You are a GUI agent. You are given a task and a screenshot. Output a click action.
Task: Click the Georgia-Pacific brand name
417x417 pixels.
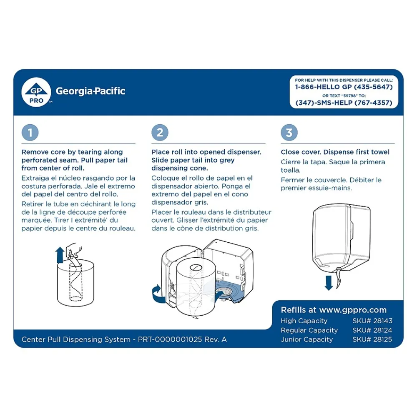[x=90, y=91]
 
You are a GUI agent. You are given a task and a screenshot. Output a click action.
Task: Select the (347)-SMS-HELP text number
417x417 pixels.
[x=344, y=103]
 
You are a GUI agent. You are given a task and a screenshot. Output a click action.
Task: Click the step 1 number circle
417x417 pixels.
[x=30, y=133]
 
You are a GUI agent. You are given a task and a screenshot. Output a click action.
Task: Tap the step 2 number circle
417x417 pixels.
[x=160, y=133]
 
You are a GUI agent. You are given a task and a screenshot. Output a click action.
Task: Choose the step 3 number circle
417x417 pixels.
[x=289, y=133]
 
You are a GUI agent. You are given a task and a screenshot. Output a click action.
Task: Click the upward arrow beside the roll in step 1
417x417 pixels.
[x=60, y=255]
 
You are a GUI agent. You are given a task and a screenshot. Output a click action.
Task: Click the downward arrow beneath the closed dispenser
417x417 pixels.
[x=329, y=282]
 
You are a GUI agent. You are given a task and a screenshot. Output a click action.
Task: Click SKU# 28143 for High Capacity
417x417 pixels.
[x=372, y=321]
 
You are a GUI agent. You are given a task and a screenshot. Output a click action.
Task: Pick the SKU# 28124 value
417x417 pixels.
[x=372, y=330]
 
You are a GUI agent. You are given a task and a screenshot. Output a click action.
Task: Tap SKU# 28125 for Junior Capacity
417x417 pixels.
[x=372, y=339]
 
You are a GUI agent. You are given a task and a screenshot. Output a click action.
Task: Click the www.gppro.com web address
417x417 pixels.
[x=353, y=310]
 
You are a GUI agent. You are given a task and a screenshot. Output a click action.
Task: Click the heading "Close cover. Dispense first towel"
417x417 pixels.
[x=335, y=152]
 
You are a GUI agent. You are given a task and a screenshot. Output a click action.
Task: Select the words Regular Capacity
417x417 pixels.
[x=309, y=330]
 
